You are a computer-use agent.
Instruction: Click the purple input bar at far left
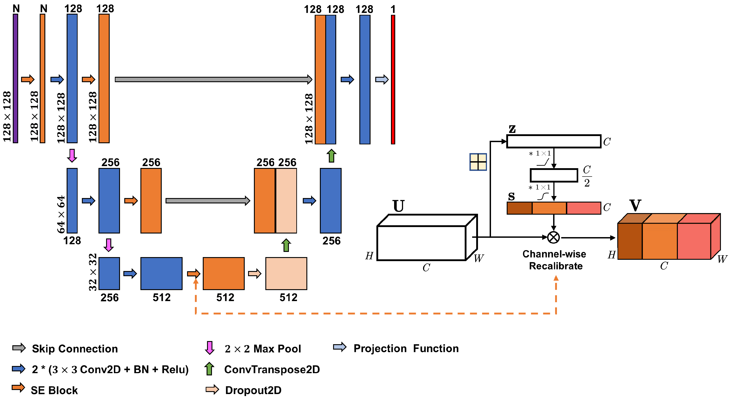(x=15, y=78)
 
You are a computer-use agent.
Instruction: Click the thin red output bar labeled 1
(x=393, y=79)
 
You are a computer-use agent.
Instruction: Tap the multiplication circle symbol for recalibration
(x=553, y=237)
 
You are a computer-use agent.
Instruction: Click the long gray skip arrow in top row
(x=213, y=79)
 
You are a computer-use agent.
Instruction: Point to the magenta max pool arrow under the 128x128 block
(x=72, y=155)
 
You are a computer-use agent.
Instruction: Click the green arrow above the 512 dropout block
(x=286, y=245)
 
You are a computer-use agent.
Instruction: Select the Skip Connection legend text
(x=75, y=349)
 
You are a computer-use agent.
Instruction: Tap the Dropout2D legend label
(x=253, y=390)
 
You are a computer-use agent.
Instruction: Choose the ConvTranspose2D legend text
(x=272, y=370)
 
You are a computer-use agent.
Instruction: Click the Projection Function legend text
(x=406, y=348)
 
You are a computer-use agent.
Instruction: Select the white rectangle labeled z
(x=553, y=141)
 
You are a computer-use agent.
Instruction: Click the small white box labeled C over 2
(x=553, y=175)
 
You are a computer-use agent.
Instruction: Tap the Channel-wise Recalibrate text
(x=555, y=260)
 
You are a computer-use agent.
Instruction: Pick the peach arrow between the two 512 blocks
(x=255, y=273)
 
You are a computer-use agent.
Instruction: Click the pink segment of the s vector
(x=583, y=208)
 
